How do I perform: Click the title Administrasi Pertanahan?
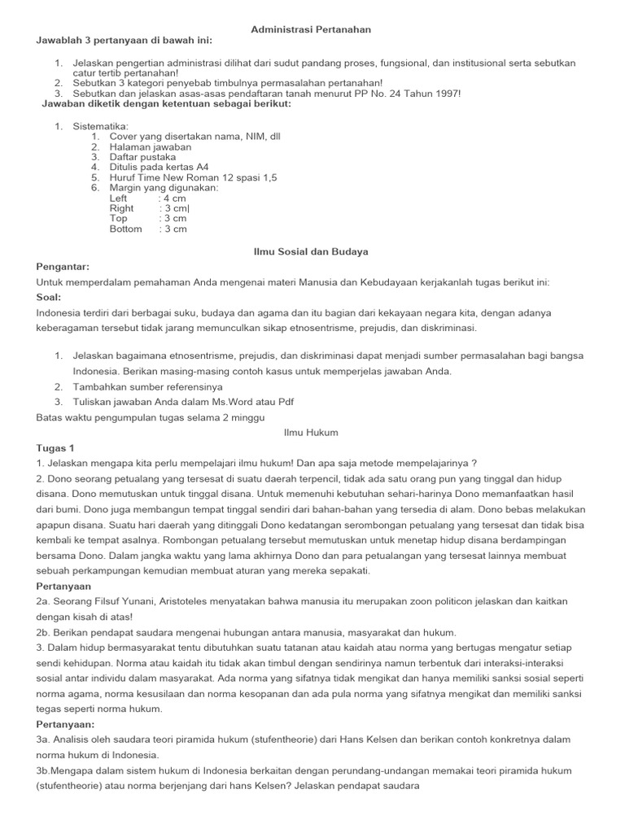311,29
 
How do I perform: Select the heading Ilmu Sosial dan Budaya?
312,252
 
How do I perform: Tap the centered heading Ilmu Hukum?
311,433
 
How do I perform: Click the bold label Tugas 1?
55,447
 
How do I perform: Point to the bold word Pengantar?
63,267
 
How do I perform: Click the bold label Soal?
50,297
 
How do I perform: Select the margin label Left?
119,198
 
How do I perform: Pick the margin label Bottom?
125,229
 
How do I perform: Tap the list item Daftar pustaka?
142,157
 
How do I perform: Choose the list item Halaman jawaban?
151,147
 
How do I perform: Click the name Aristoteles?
225,601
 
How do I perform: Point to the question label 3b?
45,770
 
